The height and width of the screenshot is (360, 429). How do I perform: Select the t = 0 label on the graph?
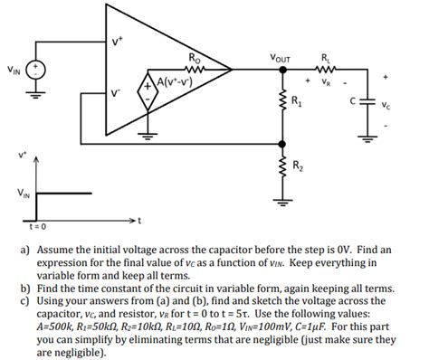coord(36,227)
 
